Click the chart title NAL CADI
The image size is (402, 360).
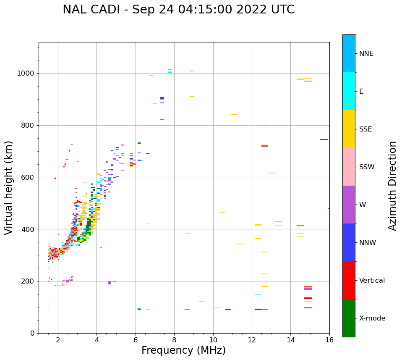[x=178, y=10]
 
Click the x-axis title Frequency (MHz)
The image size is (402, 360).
[x=183, y=350]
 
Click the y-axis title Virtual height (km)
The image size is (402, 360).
[x=9, y=188]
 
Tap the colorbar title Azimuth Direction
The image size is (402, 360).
[x=392, y=186]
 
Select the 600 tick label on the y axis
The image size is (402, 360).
[x=29, y=177]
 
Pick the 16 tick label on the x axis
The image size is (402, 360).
[x=329, y=340]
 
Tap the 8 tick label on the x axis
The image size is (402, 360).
[x=174, y=340]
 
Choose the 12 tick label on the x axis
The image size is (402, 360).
[x=252, y=340]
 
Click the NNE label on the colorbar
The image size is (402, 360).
[x=366, y=54]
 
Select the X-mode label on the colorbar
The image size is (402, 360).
[x=372, y=318]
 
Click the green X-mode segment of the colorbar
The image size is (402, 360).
[x=349, y=318]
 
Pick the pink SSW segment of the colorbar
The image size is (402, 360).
[x=349, y=167]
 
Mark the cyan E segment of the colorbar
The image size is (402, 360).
[x=349, y=91]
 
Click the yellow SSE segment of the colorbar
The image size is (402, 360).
[x=349, y=129]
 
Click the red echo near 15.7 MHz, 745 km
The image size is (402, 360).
[x=324, y=139]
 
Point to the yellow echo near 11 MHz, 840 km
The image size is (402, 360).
[x=234, y=115]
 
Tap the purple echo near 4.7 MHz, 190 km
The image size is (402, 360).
[x=110, y=283]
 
